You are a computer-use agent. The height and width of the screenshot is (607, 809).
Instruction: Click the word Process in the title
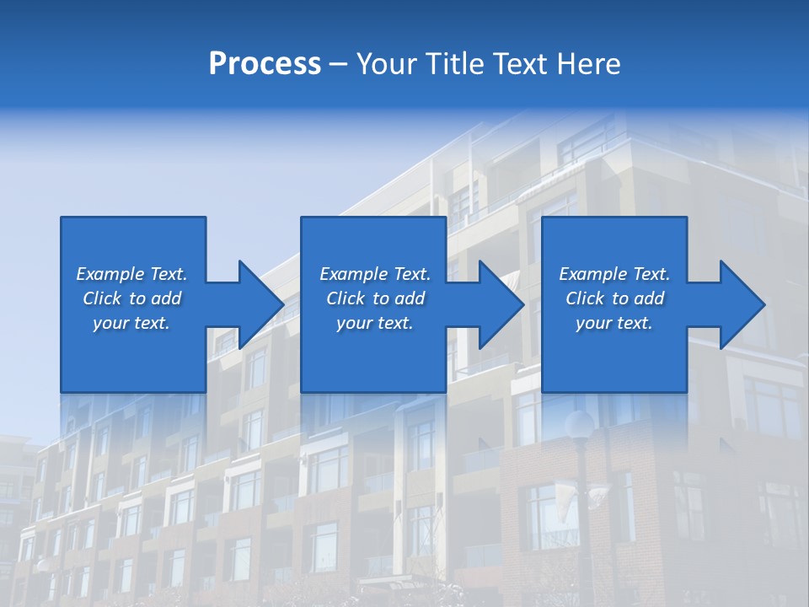tap(265, 64)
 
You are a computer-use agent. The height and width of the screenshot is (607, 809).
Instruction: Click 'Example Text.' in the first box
tap(131, 274)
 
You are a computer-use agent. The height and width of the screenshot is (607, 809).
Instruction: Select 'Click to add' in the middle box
tap(375, 298)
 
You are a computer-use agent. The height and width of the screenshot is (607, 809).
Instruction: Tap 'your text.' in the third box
tap(613, 323)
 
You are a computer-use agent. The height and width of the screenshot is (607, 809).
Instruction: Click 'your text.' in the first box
tap(131, 323)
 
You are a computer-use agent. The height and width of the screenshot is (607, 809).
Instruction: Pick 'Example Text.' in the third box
tap(613, 274)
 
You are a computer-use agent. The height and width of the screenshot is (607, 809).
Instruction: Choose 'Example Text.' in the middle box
tap(375, 274)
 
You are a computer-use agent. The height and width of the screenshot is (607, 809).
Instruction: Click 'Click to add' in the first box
tap(131, 298)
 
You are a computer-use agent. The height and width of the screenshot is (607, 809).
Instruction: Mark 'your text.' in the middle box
tap(375, 323)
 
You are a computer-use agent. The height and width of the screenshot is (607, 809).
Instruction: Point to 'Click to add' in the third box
tap(613, 298)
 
